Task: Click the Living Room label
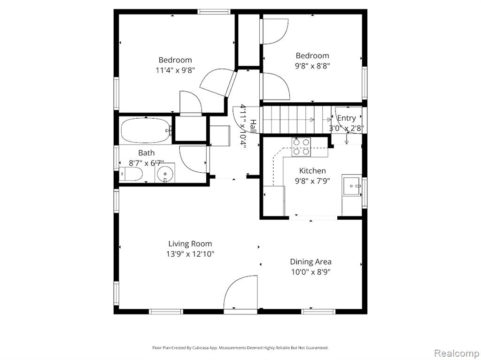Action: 190,244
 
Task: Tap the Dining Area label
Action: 311,261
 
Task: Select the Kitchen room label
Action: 312,171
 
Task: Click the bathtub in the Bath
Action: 147,131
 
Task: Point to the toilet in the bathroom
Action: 131,175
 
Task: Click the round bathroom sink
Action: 165,174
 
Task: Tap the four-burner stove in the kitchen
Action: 301,147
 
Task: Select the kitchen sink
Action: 352,185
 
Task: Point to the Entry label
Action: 347,118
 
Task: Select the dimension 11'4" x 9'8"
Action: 175,70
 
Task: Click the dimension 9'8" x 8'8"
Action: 312,66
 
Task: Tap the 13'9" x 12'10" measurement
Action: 190,254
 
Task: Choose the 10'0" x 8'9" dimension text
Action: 311,272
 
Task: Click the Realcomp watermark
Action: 456,353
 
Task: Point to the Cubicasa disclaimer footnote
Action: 240,348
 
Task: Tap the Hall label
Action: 253,126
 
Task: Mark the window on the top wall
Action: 214,12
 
